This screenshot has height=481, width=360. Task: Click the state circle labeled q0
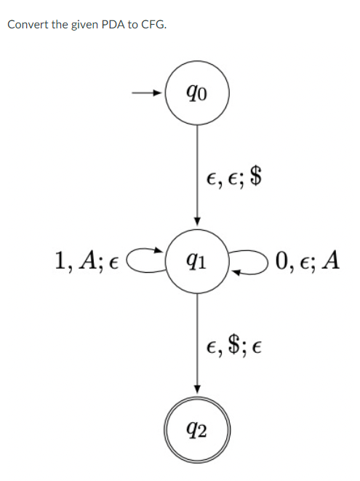click(x=197, y=93)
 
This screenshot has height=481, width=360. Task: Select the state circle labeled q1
click(x=197, y=261)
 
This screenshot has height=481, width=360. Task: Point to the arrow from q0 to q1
click(x=197, y=175)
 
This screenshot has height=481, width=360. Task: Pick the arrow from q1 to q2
click(x=197, y=342)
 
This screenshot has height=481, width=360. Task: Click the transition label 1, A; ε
click(x=87, y=260)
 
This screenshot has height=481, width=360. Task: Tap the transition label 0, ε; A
click(x=306, y=260)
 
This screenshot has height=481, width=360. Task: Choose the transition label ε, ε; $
click(x=234, y=177)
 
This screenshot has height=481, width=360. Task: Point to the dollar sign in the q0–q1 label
click(x=255, y=176)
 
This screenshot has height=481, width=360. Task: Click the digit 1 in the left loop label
click(x=59, y=259)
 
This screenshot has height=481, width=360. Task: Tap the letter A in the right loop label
click(x=331, y=259)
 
